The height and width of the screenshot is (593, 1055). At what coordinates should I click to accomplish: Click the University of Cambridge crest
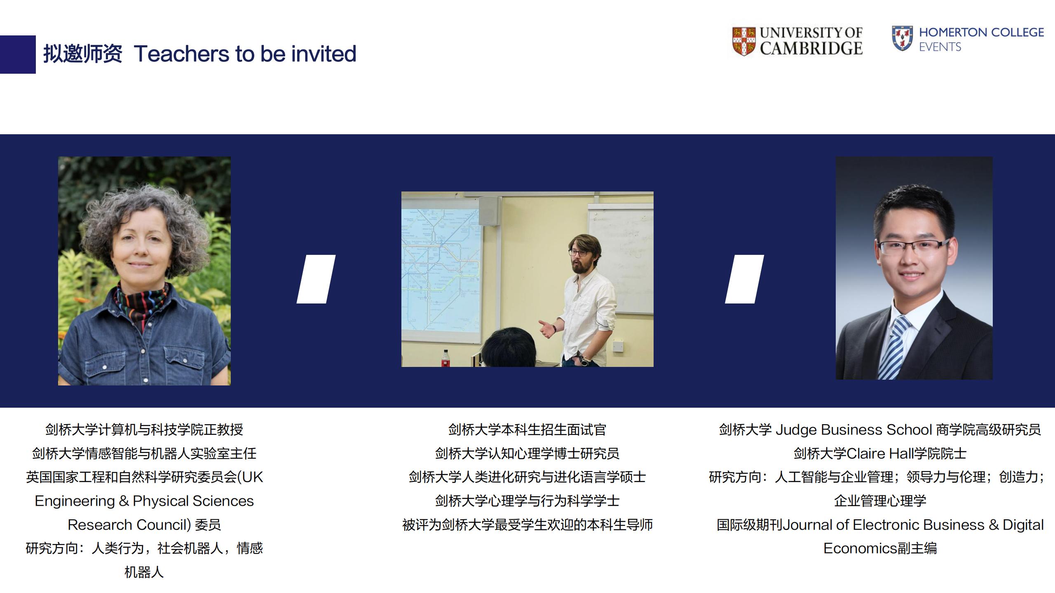744,41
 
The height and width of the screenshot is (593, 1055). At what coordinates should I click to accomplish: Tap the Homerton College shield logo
902,38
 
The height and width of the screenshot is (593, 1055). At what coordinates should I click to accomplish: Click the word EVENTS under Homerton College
940,47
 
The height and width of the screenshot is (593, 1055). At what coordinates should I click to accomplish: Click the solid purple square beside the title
18,54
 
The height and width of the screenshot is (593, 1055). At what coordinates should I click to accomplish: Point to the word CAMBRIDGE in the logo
811,49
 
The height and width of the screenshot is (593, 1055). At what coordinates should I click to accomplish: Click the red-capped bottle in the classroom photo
445,358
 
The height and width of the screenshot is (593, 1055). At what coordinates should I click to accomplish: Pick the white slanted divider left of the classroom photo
316,279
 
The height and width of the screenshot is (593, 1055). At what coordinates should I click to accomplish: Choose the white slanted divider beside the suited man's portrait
744,279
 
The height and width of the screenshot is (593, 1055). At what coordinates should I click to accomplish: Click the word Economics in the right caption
860,549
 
